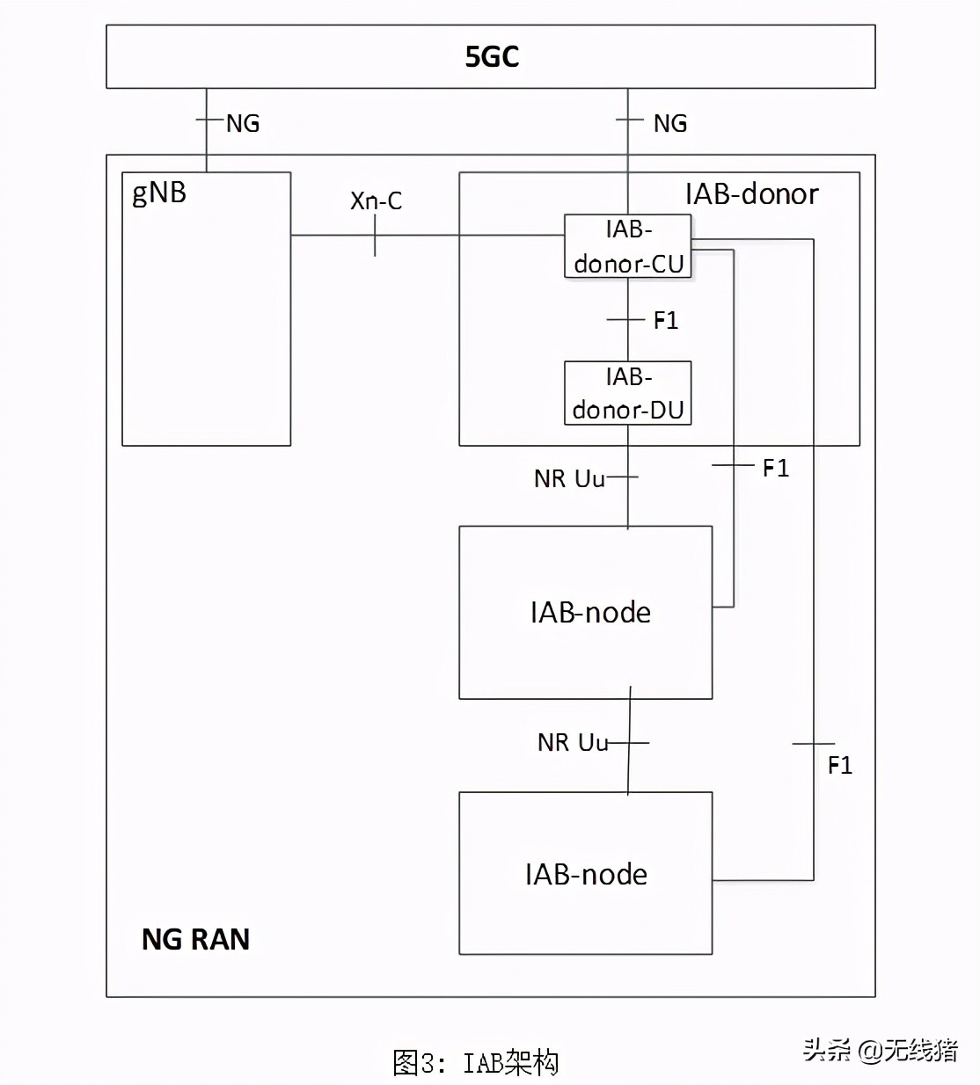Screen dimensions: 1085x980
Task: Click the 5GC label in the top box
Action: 492,57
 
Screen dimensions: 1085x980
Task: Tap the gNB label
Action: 159,193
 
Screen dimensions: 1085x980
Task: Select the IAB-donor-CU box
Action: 628,247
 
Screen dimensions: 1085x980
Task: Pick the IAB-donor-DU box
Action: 628,393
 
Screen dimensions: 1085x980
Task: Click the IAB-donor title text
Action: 751,194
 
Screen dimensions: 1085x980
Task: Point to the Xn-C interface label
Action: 376,201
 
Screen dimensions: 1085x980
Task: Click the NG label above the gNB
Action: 243,124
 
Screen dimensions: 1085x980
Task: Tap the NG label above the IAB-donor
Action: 670,124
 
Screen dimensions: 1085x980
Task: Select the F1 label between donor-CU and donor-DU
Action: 666,321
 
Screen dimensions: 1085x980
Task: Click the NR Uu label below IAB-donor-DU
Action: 569,479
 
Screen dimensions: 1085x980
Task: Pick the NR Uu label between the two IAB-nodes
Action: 573,743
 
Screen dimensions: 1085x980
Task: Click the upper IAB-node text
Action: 590,613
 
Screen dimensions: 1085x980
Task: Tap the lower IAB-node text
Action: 586,875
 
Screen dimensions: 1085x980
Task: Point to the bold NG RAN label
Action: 195,940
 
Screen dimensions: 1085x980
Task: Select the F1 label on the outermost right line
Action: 839,766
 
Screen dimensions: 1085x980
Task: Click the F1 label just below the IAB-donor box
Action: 775,469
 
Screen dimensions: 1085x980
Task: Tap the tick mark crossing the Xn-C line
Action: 376,236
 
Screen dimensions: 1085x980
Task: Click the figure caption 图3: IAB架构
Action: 475,1062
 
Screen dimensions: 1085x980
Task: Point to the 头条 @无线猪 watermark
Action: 879,1050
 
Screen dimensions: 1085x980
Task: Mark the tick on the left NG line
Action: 208,120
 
